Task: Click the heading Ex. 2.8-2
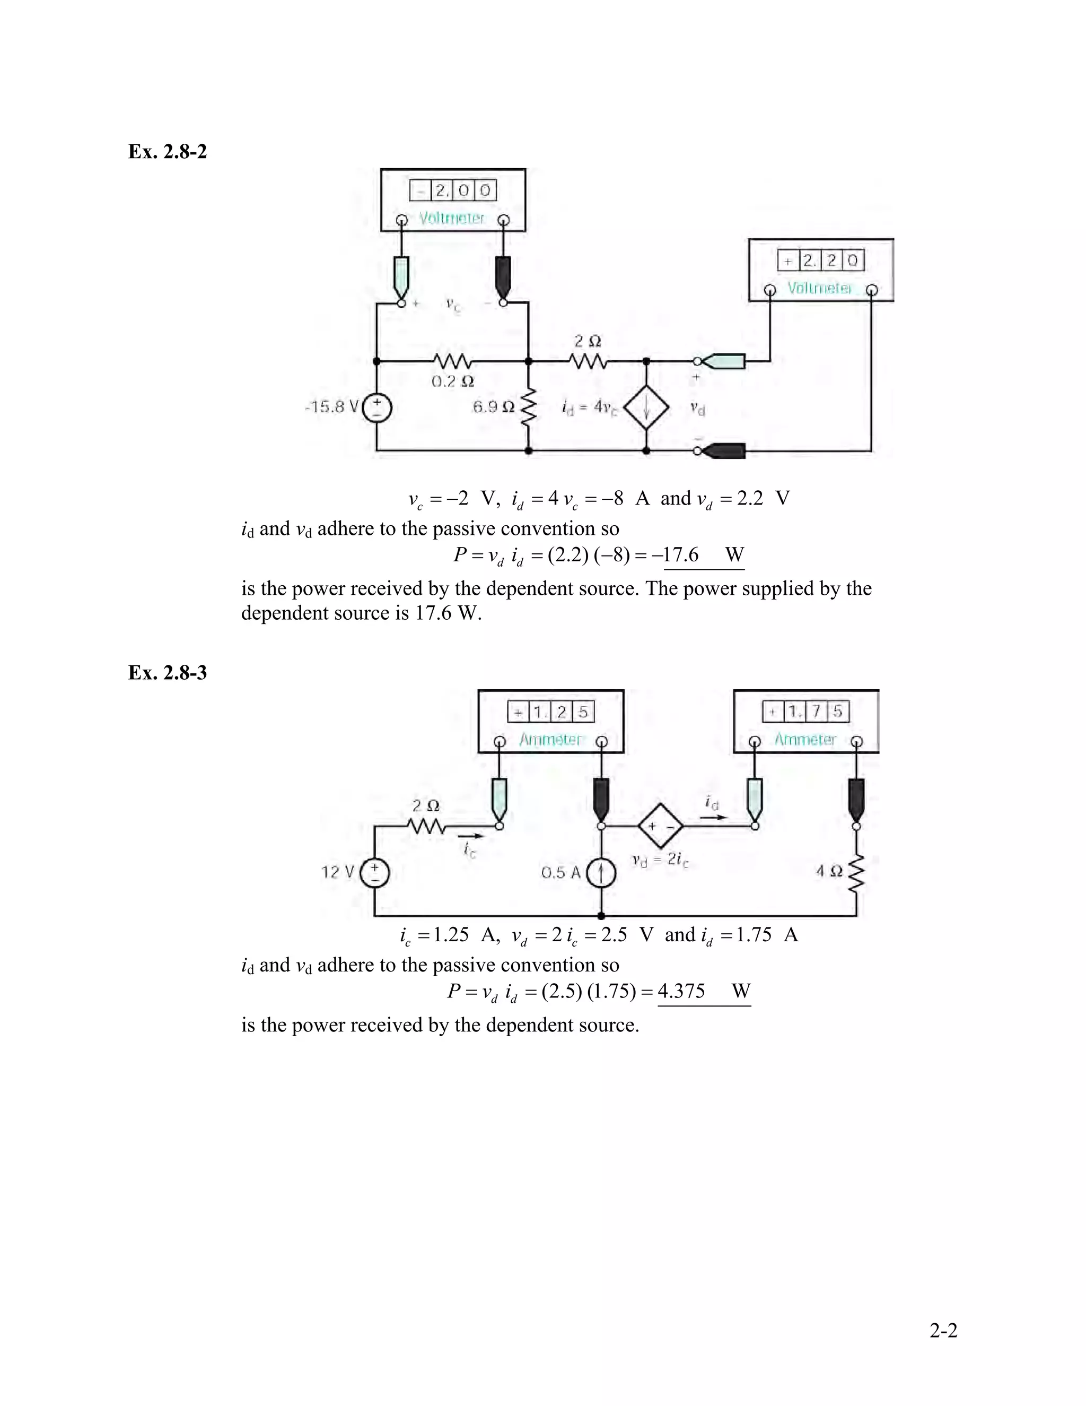[x=167, y=151]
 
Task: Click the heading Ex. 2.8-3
[x=167, y=673]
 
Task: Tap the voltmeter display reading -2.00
[x=453, y=190]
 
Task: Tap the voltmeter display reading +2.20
[x=821, y=261]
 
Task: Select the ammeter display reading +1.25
[x=551, y=712]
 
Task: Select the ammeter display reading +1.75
[x=806, y=712]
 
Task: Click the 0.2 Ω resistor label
[x=453, y=382]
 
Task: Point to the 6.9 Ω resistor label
[x=494, y=407]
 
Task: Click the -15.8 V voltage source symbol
[x=377, y=408]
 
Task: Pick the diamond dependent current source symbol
[x=646, y=407]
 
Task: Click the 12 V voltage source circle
[x=375, y=873]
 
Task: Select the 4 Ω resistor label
[x=829, y=872]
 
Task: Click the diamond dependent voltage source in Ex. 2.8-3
[x=661, y=826]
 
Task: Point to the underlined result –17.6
[x=681, y=554]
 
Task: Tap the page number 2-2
[x=943, y=1330]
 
